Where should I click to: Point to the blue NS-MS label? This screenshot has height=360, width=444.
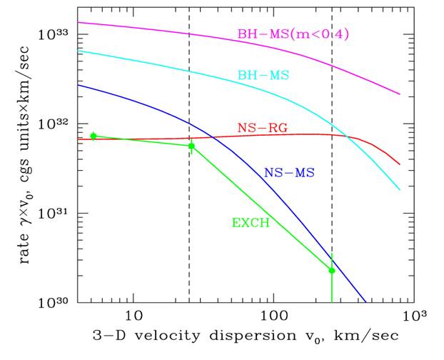289,172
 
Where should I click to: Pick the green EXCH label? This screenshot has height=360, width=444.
250,223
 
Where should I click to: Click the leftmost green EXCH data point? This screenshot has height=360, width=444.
94,136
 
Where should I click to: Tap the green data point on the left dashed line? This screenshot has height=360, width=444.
191,146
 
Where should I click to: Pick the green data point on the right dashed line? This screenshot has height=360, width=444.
332,270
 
